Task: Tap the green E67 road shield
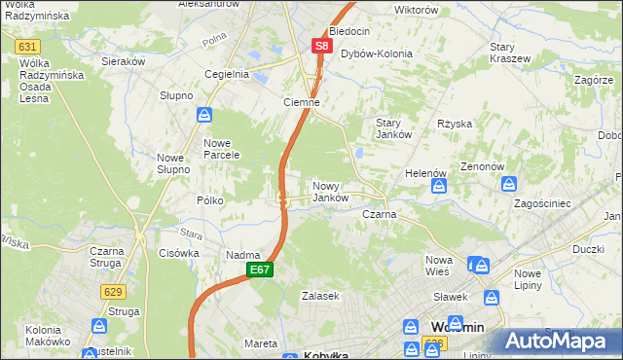click(259, 269)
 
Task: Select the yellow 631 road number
click(27, 46)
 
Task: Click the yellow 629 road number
click(111, 290)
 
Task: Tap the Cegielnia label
click(227, 73)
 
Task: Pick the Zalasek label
click(319, 295)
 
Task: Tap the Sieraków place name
click(124, 60)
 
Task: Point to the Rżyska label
click(455, 124)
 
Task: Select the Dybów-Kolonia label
click(376, 54)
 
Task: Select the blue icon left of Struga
click(99, 326)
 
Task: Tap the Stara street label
click(190, 234)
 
